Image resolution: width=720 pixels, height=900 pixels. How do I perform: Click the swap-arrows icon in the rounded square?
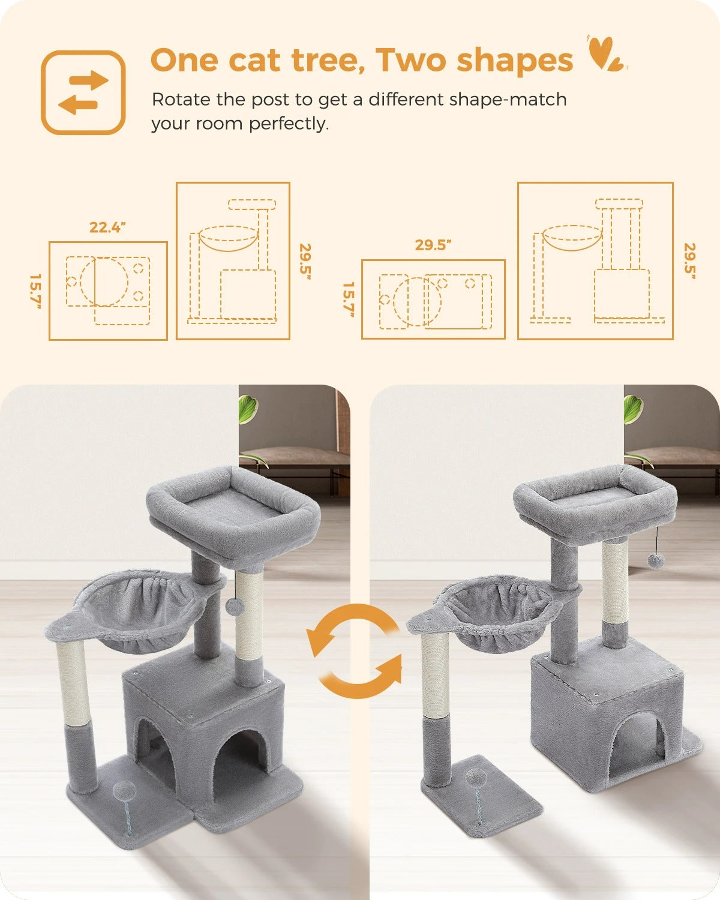pyautogui.click(x=83, y=92)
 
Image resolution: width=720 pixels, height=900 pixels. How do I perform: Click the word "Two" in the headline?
pyautogui.click(x=411, y=60)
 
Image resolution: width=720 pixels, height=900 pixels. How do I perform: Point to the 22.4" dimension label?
pyautogui.click(x=107, y=227)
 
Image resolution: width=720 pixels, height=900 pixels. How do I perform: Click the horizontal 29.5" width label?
pyautogui.click(x=433, y=245)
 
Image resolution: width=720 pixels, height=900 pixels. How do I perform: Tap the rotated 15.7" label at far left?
pyautogui.click(x=36, y=292)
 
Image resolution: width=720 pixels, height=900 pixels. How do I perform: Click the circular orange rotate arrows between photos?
pyautogui.click(x=354, y=651)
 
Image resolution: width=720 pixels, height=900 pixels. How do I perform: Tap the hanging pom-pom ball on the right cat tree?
pyautogui.click(x=654, y=561)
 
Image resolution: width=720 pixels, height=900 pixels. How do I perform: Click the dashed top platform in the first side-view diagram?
pyautogui.click(x=252, y=204)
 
